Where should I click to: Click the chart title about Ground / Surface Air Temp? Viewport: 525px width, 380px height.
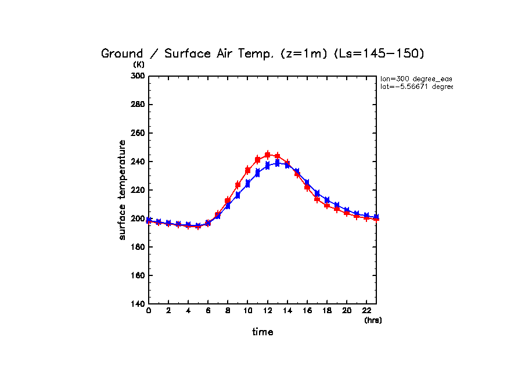point(263,54)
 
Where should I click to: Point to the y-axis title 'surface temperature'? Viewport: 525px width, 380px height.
point(123,189)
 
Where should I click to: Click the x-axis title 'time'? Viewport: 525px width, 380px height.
point(262,332)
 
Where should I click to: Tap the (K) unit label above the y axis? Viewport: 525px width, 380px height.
point(139,64)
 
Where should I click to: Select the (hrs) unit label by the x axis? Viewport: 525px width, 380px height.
point(373,320)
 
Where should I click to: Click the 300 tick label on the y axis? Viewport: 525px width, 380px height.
point(137,76)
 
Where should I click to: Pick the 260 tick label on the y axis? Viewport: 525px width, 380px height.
point(137,133)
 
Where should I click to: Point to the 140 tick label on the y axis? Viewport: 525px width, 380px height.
point(137,304)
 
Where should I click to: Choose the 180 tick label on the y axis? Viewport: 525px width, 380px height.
point(137,247)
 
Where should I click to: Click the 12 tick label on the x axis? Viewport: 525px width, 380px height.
point(267,312)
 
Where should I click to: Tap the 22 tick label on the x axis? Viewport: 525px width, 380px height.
point(366,312)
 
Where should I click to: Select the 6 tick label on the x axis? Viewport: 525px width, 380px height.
point(208,312)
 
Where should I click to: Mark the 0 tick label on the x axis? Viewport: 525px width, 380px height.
point(149,312)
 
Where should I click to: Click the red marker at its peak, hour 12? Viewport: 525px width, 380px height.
point(268,155)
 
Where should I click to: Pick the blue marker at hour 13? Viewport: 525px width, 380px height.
point(278,163)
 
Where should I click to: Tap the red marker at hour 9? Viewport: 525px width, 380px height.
point(238,185)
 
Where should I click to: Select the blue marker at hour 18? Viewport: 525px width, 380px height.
point(327,200)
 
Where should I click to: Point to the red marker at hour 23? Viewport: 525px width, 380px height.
point(376,218)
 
